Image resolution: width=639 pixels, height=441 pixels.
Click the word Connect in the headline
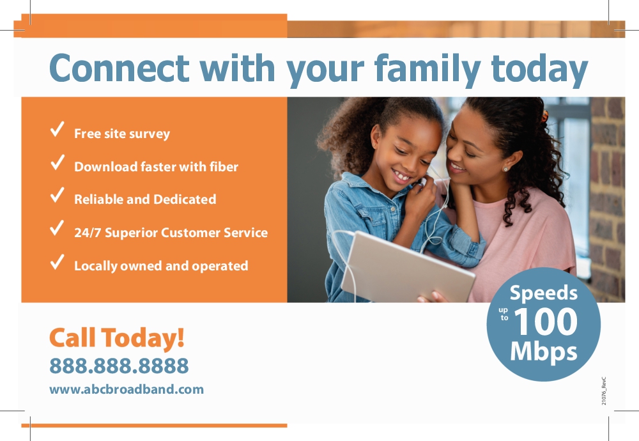(119, 68)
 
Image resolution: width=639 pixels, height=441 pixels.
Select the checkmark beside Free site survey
(57, 129)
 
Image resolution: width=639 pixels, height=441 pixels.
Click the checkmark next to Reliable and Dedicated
(57, 195)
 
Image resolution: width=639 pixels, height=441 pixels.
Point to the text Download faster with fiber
(156, 167)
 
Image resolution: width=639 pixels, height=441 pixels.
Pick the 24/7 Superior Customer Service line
(171, 233)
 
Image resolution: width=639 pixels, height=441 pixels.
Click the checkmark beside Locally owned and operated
(57, 262)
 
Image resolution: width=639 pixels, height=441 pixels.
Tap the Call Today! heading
(117, 338)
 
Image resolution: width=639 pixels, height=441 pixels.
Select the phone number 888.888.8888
(119, 366)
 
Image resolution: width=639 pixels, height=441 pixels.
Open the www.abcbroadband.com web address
(127, 389)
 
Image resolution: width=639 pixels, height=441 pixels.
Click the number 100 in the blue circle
(546, 321)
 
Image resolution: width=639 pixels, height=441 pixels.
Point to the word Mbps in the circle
(544, 352)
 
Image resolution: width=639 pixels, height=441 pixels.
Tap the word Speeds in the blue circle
(544, 293)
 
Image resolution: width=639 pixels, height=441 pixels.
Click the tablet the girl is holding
(408, 268)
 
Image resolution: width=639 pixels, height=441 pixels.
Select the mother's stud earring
(505, 169)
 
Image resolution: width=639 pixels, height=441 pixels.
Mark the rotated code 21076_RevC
(604, 391)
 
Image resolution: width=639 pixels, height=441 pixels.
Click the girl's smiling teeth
(401, 176)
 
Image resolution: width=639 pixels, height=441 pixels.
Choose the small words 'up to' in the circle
(504, 314)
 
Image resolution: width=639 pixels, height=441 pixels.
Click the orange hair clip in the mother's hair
(544, 116)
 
